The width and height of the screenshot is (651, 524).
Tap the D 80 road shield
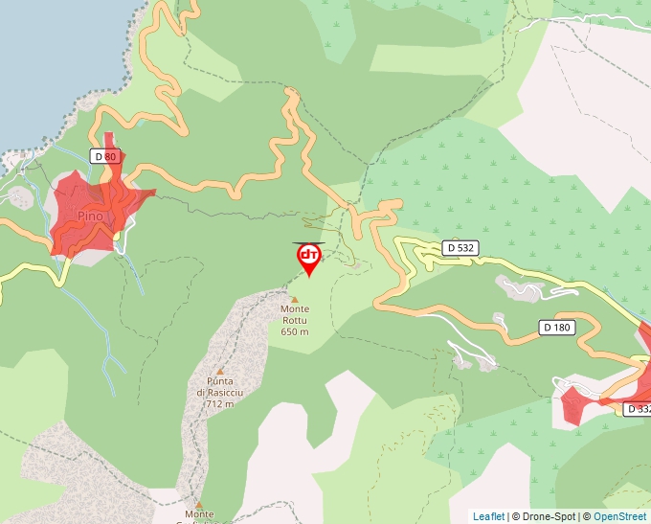(103, 156)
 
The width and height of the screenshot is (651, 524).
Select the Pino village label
(91, 216)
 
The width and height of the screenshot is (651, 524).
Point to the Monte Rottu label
(295, 309)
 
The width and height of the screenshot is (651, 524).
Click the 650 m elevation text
(295, 331)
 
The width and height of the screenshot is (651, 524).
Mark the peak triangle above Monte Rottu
(295, 298)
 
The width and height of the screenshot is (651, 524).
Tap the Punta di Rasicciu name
(219, 387)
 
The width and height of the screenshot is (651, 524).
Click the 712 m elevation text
(219, 404)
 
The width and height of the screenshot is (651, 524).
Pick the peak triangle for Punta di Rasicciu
(219, 371)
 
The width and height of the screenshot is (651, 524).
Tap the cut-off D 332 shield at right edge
(638, 409)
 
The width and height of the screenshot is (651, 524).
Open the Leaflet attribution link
(488, 516)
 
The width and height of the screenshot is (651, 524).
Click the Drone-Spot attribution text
(544, 516)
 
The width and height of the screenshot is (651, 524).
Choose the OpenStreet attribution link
(620, 516)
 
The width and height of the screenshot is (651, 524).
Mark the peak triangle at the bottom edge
(199, 504)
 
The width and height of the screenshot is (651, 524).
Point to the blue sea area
(48, 57)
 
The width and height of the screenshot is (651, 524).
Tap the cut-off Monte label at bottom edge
(199, 515)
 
